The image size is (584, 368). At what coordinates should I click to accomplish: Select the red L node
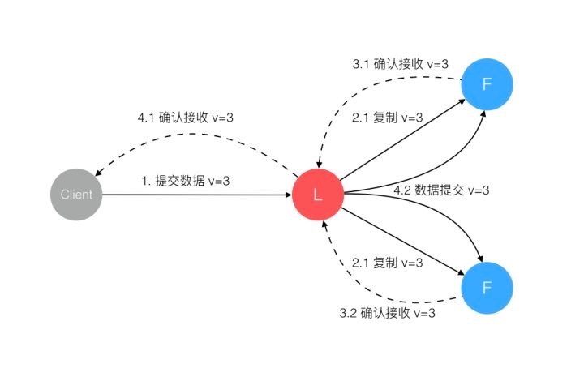[x=319, y=195]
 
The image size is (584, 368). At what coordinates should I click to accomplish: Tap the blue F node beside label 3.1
[x=486, y=83]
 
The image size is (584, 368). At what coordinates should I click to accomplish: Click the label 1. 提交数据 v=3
[x=186, y=181]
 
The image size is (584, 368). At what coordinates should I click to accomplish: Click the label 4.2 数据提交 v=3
[x=441, y=190]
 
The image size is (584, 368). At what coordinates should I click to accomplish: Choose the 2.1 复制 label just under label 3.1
[x=388, y=118]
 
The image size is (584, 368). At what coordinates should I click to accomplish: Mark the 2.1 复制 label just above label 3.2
[x=388, y=263]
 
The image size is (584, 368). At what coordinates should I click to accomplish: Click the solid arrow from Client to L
[x=195, y=195]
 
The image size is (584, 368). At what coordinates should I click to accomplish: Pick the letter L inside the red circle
[x=319, y=195]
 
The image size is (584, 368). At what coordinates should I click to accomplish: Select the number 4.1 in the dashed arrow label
[x=146, y=118]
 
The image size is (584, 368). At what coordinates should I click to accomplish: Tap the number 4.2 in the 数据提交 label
[x=401, y=190]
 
